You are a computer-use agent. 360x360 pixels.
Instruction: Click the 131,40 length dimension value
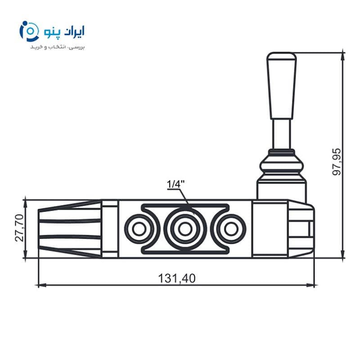177,278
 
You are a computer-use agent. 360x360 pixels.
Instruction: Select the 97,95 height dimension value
337,162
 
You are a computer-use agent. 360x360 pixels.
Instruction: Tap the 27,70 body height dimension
19,228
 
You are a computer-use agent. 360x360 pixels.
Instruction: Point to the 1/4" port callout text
175,184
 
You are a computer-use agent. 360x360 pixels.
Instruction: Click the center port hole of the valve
185,229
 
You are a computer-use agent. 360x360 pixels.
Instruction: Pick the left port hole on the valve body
139,229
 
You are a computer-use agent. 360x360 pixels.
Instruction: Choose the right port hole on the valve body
231,229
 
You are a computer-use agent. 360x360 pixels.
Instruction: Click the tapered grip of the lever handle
282,85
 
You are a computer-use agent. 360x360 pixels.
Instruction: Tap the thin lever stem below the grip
282,134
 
